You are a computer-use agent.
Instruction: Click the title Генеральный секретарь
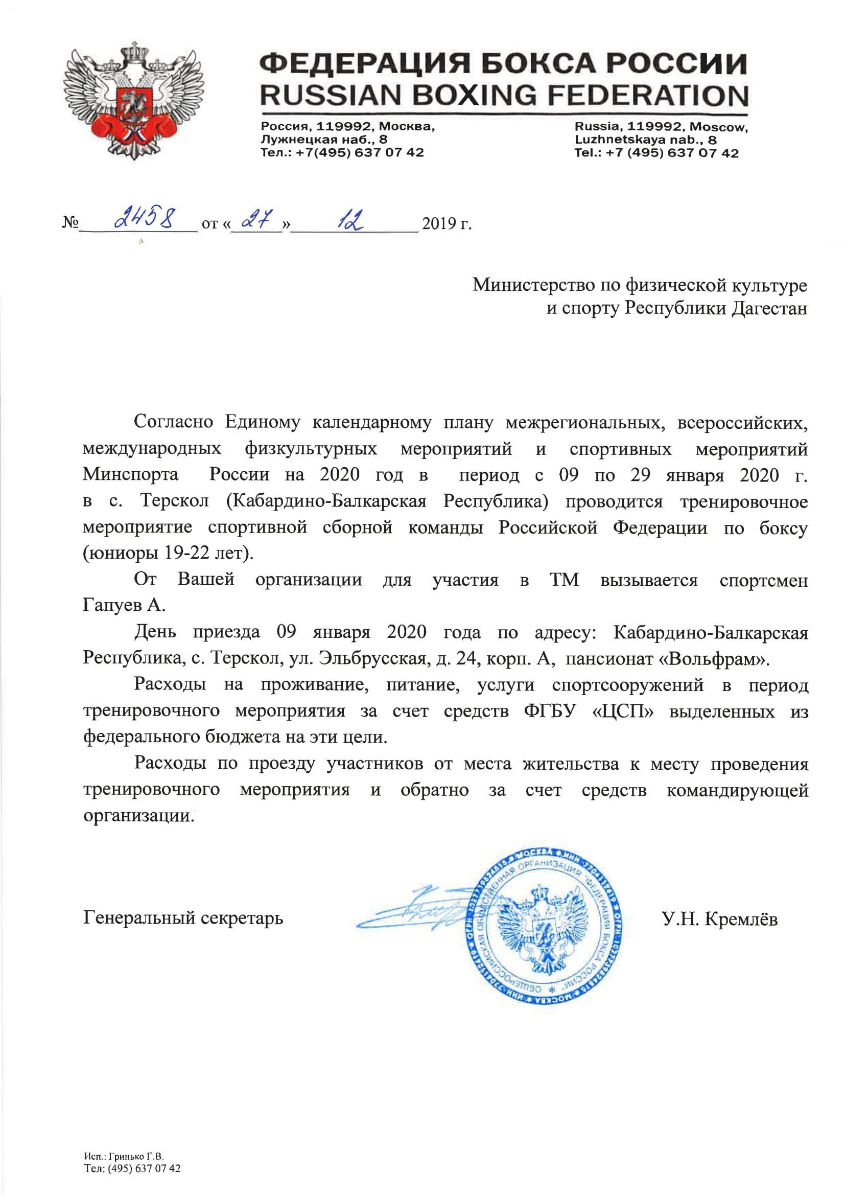pyautogui.click(x=183, y=917)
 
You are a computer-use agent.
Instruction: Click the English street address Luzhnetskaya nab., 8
pyautogui.click(x=645, y=140)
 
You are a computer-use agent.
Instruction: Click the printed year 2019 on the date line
pyautogui.click(x=440, y=224)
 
